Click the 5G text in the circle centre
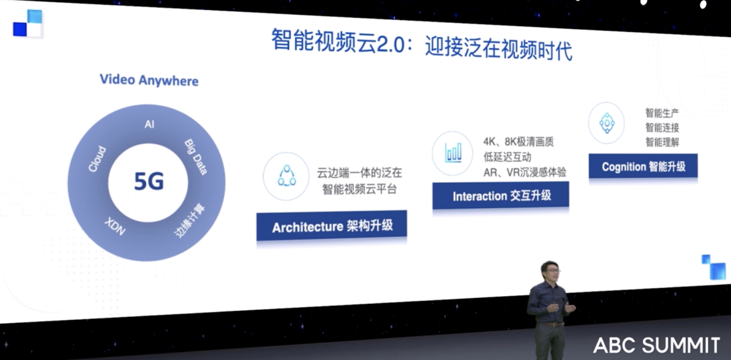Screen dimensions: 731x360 coord(149,182)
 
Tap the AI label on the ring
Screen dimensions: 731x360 coord(149,125)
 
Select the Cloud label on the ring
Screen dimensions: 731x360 coord(97,159)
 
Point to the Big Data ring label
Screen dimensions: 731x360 coord(196,157)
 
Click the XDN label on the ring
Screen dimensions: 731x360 coord(115,226)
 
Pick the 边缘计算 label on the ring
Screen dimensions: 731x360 coord(190,221)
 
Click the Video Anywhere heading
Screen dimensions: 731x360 coord(149,80)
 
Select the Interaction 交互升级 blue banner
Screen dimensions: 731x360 coord(501,195)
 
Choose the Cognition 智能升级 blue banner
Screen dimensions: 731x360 coord(643,166)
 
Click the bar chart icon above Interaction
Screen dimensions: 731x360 coord(453,153)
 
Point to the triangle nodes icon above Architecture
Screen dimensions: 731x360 coord(286,176)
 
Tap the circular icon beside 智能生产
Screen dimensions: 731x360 coord(607,123)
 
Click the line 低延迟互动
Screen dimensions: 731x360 coord(507,157)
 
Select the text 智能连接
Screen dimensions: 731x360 coord(662,127)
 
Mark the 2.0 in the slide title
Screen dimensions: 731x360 coord(391,45)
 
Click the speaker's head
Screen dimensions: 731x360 coord(549,271)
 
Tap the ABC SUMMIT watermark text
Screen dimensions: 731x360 coord(656,345)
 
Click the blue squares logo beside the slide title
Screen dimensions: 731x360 coord(28,24)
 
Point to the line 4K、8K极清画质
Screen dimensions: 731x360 coord(519,142)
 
